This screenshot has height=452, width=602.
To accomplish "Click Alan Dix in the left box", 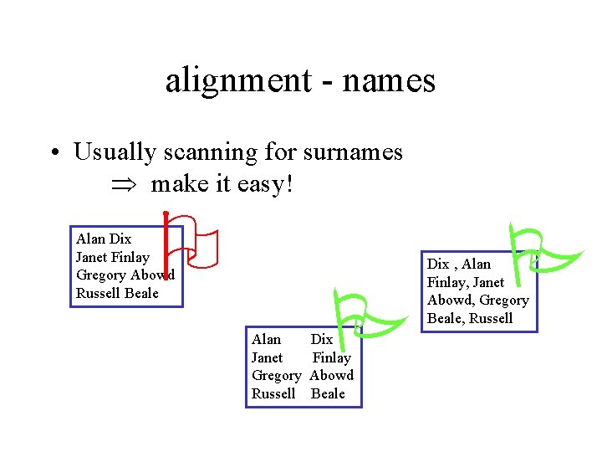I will pos(104,239).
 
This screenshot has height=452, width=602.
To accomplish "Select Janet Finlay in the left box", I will pos(112,257).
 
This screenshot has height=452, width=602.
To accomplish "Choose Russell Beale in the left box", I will pos(116,293).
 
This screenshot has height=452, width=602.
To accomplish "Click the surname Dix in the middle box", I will pos(322,339).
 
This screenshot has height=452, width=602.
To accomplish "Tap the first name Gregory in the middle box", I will pos(275,375).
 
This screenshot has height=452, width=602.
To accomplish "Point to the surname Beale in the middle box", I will pos(328,393).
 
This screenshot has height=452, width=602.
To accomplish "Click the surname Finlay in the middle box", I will pos(331,357).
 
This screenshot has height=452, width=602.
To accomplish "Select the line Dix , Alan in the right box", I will pos(459,264).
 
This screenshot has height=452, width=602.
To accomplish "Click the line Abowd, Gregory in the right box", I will pos(477,300).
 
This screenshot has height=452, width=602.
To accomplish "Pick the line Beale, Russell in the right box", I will pos(469,318).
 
